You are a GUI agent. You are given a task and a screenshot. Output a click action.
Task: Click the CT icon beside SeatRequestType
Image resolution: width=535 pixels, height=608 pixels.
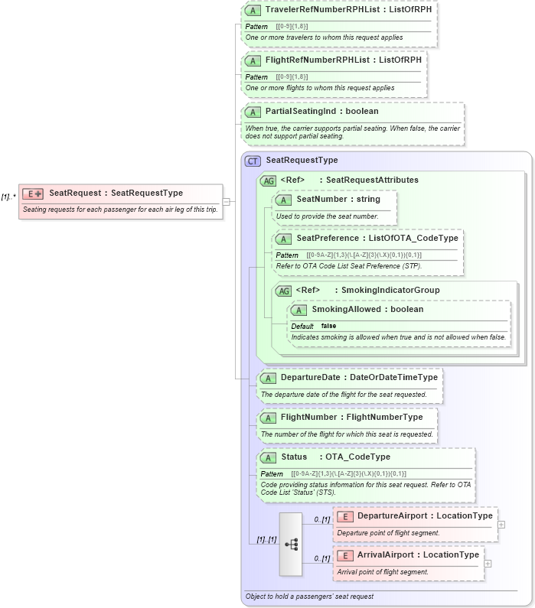(x=252, y=161)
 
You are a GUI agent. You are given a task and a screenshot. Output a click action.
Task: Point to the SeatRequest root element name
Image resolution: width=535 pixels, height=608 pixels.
(x=73, y=193)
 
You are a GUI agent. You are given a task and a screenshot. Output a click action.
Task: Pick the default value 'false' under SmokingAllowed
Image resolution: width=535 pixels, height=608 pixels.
(x=328, y=326)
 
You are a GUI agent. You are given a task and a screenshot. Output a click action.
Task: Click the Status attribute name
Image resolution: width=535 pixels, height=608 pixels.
(x=294, y=457)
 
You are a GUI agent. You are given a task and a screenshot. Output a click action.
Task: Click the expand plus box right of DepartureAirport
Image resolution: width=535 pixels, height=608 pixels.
(x=501, y=525)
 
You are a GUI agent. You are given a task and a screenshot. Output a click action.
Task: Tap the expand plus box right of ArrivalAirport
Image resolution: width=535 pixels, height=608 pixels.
(x=488, y=564)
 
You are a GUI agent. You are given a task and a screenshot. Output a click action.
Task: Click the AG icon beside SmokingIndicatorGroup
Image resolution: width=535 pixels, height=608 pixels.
(x=283, y=291)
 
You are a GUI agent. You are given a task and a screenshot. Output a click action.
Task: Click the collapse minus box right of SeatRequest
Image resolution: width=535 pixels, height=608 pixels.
(x=226, y=201)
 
